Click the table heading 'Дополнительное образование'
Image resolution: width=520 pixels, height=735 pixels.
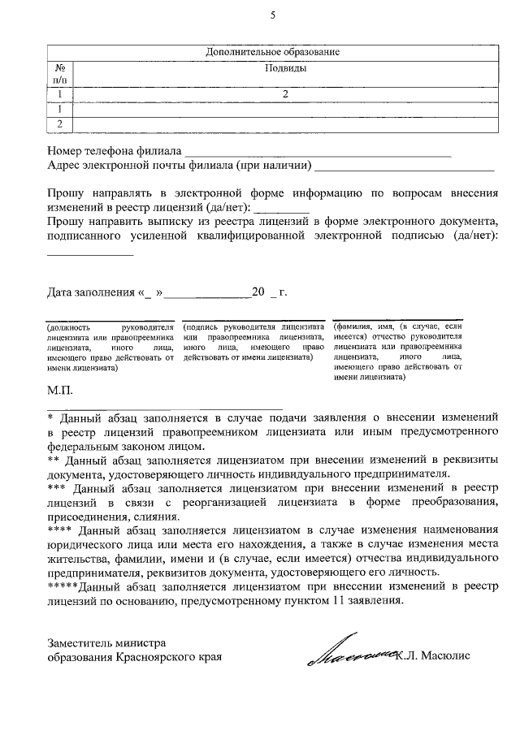coord(272,53)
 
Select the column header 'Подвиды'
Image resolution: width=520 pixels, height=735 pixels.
coord(285,68)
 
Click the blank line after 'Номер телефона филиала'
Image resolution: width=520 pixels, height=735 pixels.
coord(317,151)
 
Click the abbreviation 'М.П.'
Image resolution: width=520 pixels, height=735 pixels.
coord(60,391)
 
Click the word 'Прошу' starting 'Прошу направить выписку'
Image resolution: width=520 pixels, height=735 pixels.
coord(64,222)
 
